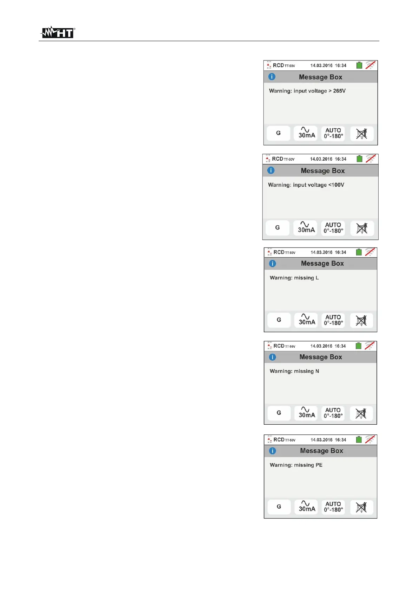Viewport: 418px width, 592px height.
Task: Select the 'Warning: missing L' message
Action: [294, 278]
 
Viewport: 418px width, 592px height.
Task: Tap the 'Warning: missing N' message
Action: [294, 371]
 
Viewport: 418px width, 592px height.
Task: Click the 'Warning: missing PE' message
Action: [296, 465]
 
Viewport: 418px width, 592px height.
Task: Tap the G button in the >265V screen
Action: [278, 133]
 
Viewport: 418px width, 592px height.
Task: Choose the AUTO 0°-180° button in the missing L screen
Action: [333, 320]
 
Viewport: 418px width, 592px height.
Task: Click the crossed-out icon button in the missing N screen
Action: [361, 413]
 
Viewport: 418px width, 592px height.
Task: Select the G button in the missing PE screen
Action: [279, 507]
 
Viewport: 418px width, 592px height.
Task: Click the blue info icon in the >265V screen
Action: [272, 77]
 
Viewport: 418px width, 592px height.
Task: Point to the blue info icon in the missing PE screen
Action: [273, 451]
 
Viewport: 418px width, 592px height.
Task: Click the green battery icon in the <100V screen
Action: [359, 159]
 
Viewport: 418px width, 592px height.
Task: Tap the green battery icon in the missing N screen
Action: [359, 346]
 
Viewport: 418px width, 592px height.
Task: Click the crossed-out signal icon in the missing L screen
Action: [370, 252]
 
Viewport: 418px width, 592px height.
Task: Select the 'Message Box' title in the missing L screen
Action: [322, 264]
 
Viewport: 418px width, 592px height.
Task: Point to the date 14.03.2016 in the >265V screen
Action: [321, 66]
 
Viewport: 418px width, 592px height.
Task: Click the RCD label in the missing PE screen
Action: [279, 440]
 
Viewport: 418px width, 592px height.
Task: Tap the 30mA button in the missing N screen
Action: [306, 413]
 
